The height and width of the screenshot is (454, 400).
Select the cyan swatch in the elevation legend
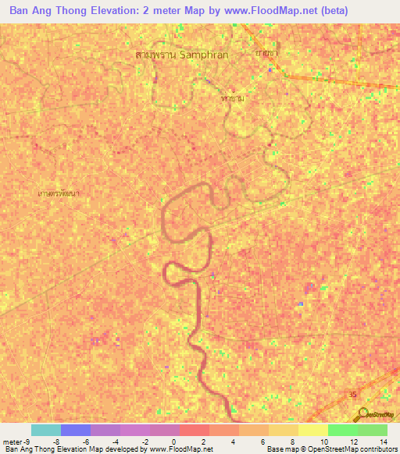click(x=46, y=430)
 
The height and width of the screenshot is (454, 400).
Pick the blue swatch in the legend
click(x=76, y=430)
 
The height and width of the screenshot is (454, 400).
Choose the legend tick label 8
click(x=291, y=441)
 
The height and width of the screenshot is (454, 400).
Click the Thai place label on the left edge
click(x=59, y=191)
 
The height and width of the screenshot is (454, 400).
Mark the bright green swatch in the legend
click(x=343, y=430)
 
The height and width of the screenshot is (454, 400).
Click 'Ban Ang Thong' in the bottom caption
click(x=27, y=449)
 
